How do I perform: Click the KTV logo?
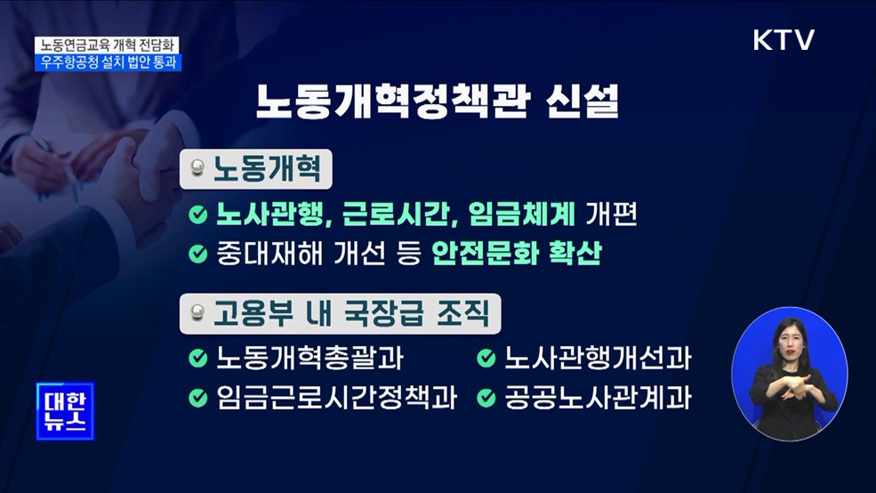[x=783, y=40]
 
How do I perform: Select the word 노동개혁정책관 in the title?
[x=389, y=101]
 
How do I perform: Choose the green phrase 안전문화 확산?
[x=516, y=255]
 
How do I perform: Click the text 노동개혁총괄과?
[x=309, y=358]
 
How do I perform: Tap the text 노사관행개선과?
[x=597, y=358]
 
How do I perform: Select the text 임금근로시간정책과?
[x=335, y=397]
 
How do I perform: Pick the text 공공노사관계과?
[x=597, y=397]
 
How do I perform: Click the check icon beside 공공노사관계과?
[x=486, y=397]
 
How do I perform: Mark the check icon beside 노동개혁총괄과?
[x=197, y=358]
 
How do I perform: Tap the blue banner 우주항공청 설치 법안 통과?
[x=106, y=62]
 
